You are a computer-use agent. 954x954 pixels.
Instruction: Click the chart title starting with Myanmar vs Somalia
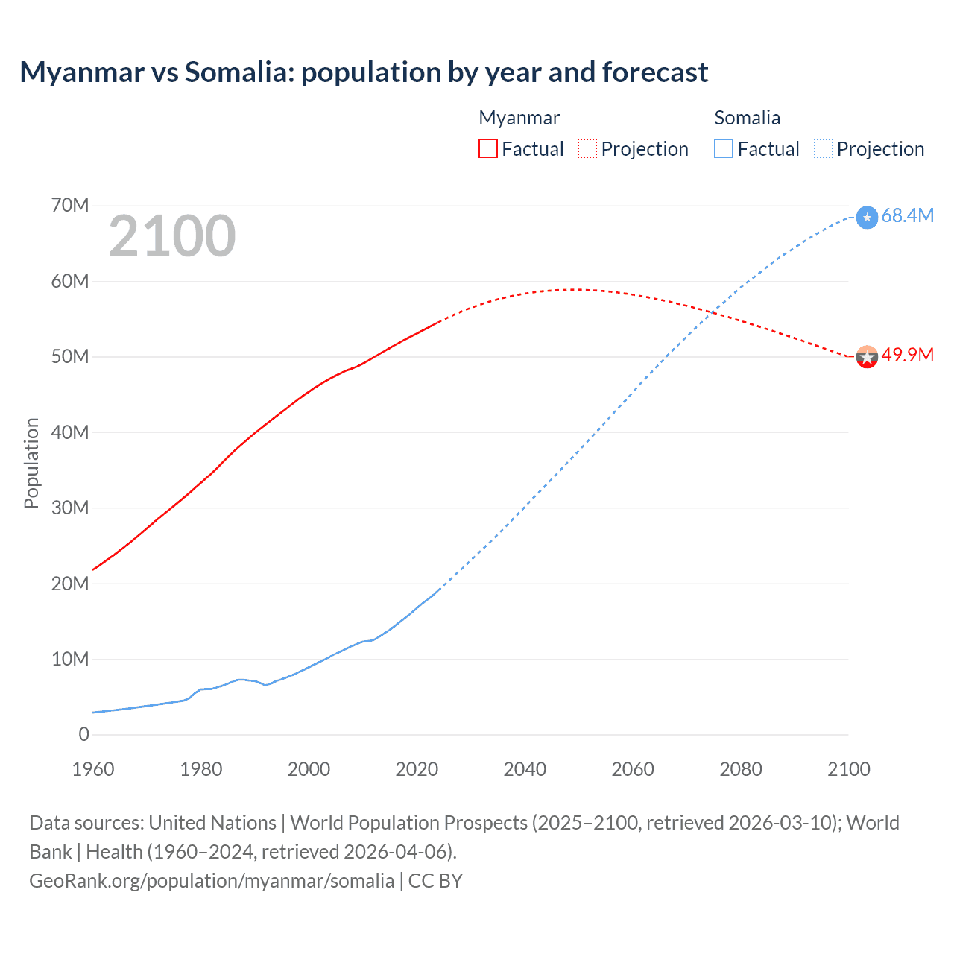coord(364,72)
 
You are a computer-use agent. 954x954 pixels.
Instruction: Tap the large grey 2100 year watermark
coord(172,236)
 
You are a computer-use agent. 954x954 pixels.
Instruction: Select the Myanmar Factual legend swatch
coord(487,148)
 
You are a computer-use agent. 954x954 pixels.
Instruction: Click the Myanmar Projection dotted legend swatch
coord(587,148)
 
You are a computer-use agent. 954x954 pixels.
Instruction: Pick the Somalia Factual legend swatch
coord(724,148)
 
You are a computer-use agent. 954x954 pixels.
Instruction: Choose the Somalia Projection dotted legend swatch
coord(823,148)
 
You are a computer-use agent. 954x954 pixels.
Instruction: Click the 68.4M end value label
coord(907,215)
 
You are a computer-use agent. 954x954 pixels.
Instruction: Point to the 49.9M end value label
coord(907,355)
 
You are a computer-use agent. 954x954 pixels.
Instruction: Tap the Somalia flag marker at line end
coord(867,218)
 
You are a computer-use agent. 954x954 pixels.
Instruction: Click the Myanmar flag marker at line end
coord(867,357)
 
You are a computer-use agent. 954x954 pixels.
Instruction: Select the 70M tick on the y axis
coord(70,205)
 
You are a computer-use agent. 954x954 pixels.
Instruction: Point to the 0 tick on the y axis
coord(83,734)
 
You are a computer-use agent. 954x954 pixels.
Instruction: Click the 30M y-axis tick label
coord(70,508)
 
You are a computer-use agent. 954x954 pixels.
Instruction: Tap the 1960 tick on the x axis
coord(93,769)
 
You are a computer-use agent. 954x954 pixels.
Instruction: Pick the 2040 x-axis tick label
coord(525,769)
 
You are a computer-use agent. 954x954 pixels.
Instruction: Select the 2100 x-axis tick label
coord(848,769)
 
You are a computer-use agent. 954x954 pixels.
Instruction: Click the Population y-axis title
coord(31,463)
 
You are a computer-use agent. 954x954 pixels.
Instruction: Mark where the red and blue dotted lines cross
coord(713,312)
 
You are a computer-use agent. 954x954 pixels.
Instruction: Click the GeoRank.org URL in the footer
coord(212,881)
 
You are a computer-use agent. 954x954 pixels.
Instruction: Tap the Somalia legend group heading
coord(747,118)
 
